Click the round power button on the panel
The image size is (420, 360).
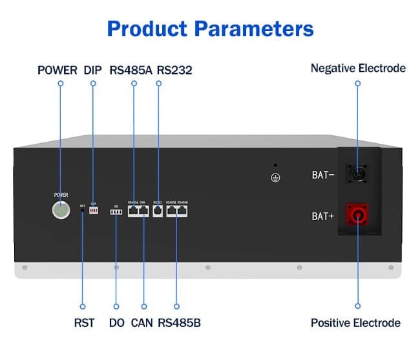click(x=60, y=210)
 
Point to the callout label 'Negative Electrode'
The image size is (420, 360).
click(x=358, y=68)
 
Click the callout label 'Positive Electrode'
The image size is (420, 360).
click(x=355, y=322)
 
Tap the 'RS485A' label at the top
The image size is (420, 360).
click(x=131, y=70)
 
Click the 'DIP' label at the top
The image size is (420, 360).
click(x=92, y=70)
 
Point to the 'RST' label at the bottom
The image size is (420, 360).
click(x=83, y=322)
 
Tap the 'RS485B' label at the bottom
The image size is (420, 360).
click(x=179, y=322)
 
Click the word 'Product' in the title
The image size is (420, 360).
click(x=147, y=28)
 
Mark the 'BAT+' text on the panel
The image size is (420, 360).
click(x=322, y=216)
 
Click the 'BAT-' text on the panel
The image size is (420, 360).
click(x=322, y=175)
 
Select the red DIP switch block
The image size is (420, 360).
click(x=94, y=212)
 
